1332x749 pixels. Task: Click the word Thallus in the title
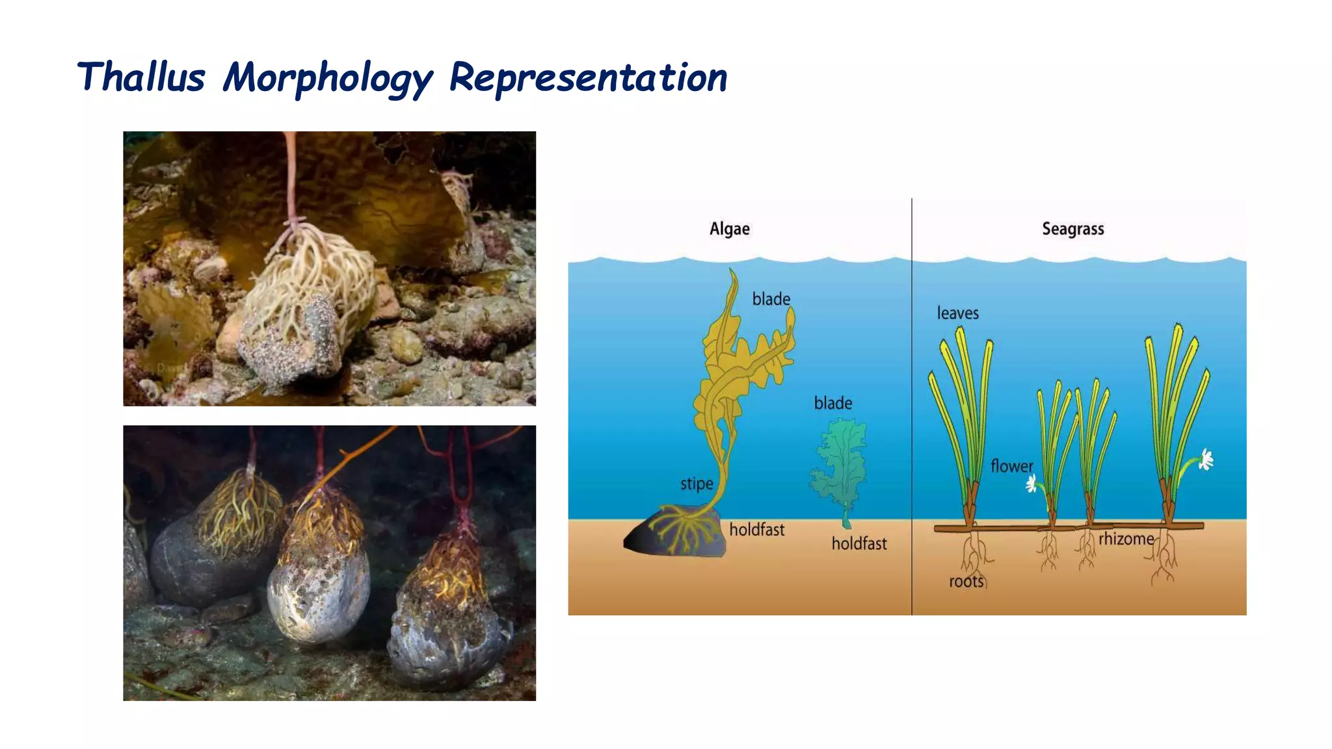(x=141, y=77)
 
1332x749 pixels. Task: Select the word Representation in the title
(x=588, y=77)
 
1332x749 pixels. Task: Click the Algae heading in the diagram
(x=729, y=229)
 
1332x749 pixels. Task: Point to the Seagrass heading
(x=1072, y=229)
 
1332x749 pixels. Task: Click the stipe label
(x=697, y=484)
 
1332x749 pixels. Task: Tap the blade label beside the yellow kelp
(x=771, y=299)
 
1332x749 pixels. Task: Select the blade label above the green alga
(x=832, y=403)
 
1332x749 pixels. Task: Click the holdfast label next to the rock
(x=756, y=530)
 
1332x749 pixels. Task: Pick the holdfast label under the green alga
(x=859, y=544)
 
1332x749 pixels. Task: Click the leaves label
(x=957, y=313)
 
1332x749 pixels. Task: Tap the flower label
(x=1011, y=466)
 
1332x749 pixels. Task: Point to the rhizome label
(x=1126, y=539)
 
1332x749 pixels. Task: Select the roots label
(x=966, y=581)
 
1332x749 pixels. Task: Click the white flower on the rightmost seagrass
(x=1206, y=460)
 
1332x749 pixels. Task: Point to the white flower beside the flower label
(x=1032, y=484)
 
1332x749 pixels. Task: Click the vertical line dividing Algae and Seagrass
(x=912, y=403)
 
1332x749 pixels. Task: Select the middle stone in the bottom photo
(x=319, y=585)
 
